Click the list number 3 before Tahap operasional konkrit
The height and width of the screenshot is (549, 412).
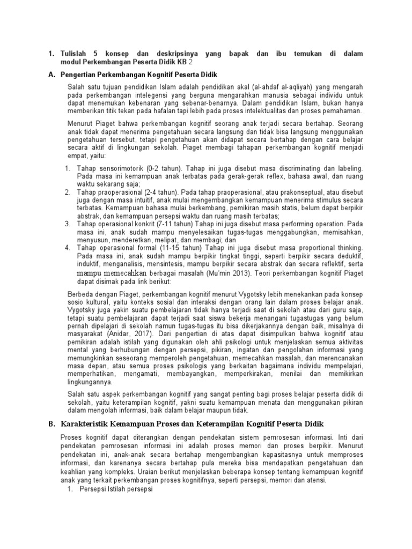click(x=68, y=224)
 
